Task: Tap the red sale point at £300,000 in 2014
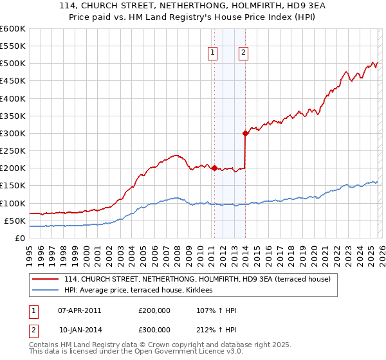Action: click(x=245, y=134)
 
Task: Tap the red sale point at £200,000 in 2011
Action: click(x=214, y=168)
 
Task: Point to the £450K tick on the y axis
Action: click(x=12, y=81)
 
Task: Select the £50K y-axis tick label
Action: click(x=14, y=221)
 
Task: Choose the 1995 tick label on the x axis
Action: click(x=29, y=251)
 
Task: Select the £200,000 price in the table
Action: click(x=154, y=310)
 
